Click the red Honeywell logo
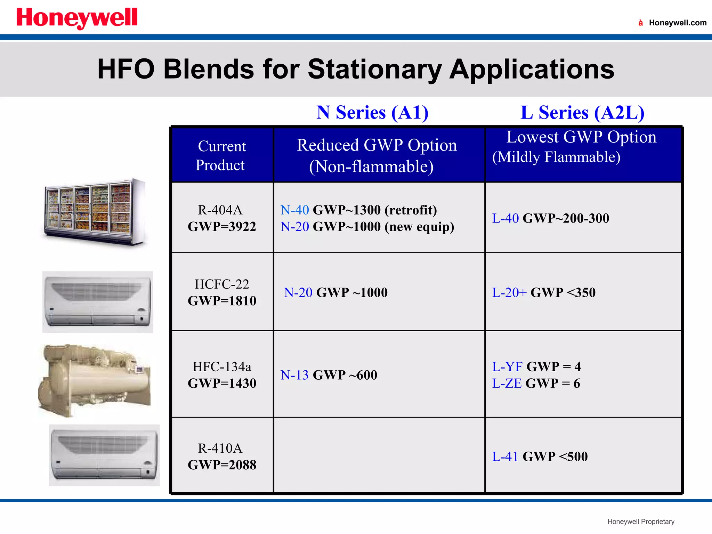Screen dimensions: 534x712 [77, 18]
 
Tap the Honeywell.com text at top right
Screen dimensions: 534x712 [677, 23]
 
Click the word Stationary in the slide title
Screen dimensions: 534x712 [375, 69]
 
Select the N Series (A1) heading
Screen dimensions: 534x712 [372, 113]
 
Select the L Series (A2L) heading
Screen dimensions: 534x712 [582, 113]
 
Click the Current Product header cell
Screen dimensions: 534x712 [221, 155]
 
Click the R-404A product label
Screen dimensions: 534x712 [220, 210]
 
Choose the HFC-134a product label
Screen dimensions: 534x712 [222, 367]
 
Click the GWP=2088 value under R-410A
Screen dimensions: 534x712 [222, 465]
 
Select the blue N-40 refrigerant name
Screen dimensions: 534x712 [294, 210]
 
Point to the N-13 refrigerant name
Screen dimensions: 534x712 [294, 375]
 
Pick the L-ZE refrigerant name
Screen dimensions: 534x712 [507, 383]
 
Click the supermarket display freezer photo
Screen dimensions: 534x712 [95, 212]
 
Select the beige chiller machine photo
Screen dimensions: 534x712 [95, 380]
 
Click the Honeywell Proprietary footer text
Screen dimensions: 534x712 [641, 521]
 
